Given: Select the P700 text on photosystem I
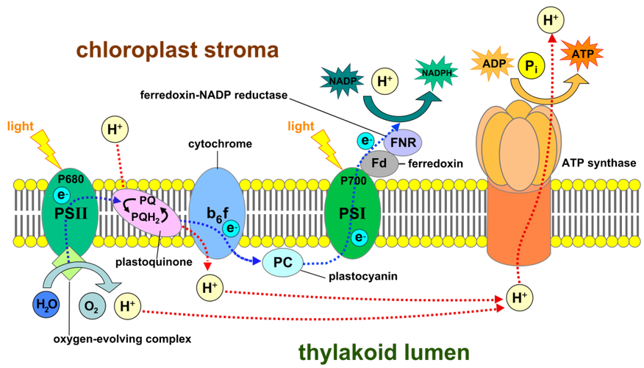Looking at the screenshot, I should pyautogui.click(x=354, y=180).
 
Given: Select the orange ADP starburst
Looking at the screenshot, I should pyautogui.click(x=495, y=64).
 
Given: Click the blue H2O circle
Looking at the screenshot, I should pyautogui.click(x=46, y=304).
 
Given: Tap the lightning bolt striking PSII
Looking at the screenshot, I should pyautogui.click(x=46, y=146).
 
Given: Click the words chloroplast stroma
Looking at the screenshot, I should pyautogui.click(x=177, y=51).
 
